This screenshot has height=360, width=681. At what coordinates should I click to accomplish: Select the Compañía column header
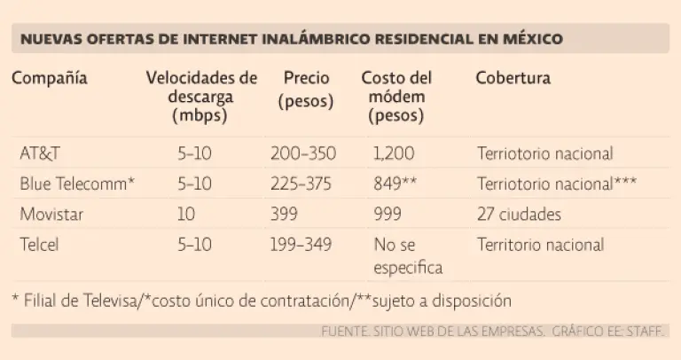pos(50,78)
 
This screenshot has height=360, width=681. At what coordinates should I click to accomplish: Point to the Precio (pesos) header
pos(306,90)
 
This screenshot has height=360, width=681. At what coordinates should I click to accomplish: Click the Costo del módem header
pos(395,96)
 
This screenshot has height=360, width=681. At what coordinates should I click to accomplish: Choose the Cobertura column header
pos(513,78)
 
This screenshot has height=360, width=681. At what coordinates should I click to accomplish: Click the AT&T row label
pos(40,153)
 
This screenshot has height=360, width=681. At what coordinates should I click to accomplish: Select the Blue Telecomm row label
pos(77,184)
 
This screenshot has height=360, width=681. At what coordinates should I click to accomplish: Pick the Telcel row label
pos(39,245)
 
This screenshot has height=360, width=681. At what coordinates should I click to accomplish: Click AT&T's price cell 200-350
pos(302,153)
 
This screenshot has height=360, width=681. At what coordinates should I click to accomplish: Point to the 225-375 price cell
pos(302,184)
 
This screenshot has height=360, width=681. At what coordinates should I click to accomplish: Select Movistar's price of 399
pos(286,215)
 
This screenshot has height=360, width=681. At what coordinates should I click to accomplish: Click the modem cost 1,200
pos(394,153)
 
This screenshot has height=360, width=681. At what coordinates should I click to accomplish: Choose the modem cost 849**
pos(395,184)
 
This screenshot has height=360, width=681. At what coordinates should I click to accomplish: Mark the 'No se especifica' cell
pos(407,255)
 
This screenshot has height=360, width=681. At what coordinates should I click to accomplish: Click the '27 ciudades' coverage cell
pos(519,215)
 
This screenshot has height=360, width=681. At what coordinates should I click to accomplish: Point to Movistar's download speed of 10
pos(186,215)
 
